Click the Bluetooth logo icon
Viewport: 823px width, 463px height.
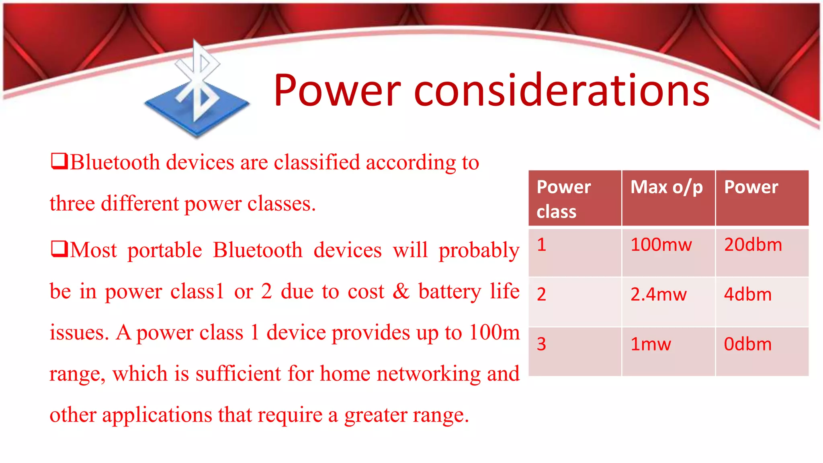[x=197, y=90]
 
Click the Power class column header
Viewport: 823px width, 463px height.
[x=563, y=199]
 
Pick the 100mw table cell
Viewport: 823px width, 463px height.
[x=661, y=245]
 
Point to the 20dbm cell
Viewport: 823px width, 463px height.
[x=753, y=245]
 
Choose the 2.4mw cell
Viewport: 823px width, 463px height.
[x=658, y=295]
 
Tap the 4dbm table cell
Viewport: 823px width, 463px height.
[x=747, y=295]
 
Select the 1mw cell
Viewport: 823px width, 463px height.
[x=651, y=344]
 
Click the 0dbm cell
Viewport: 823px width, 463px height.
[x=747, y=344]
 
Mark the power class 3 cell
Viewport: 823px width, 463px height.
[x=541, y=344]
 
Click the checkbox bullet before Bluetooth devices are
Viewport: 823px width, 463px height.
[x=59, y=161]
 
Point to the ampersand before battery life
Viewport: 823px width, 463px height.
[x=401, y=291]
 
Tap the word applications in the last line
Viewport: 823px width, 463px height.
[x=157, y=415]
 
